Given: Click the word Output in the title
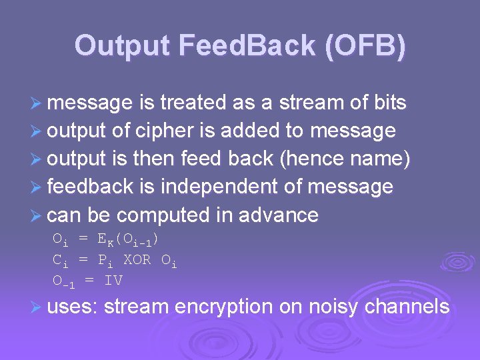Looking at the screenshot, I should point(123,46).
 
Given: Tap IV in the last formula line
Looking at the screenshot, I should point(113,280).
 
